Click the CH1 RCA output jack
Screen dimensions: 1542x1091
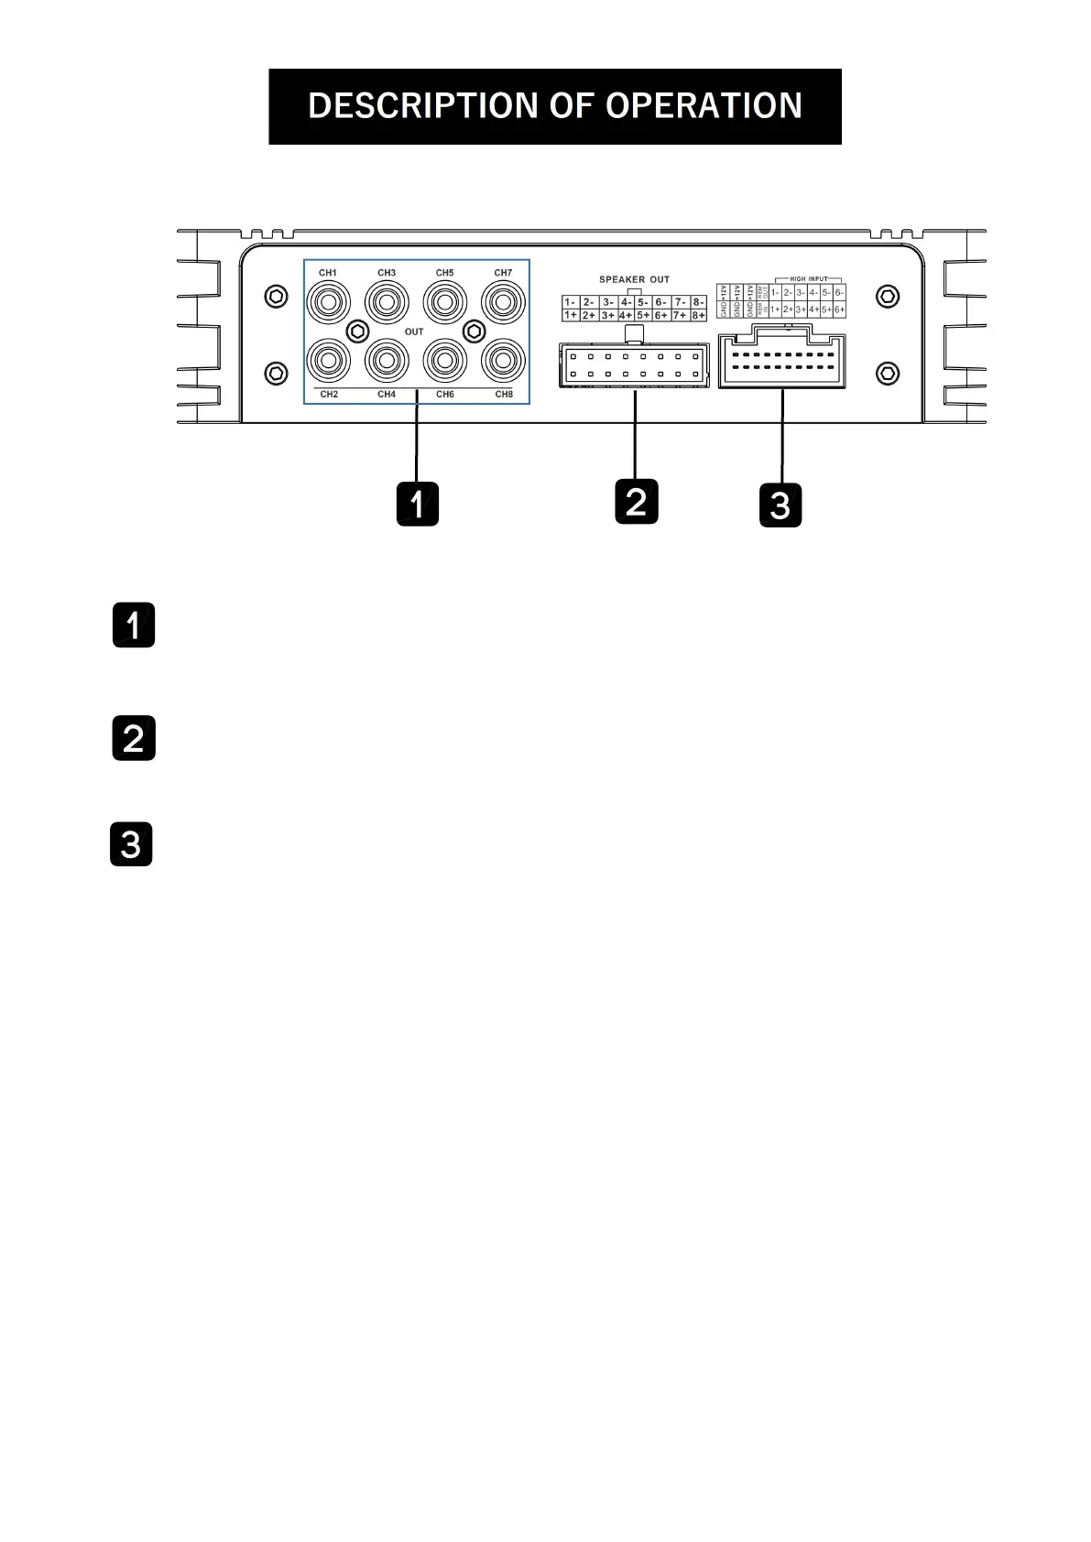[x=328, y=301]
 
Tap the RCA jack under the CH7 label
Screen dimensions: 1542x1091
[x=503, y=301]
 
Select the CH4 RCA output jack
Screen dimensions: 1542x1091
[x=387, y=361]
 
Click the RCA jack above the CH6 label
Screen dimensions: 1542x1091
[x=445, y=361]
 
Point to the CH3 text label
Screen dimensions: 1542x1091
[x=387, y=273]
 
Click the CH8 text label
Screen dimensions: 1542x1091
[x=504, y=395]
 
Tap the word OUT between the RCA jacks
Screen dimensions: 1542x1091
[x=414, y=331]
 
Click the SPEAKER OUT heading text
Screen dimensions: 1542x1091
[x=634, y=279]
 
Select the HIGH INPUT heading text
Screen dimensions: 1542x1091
[x=808, y=279]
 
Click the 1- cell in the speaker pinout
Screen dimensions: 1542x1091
[x=570, y=302]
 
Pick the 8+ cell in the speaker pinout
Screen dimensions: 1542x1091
[x=698, y=315]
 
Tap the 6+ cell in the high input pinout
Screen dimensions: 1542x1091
[x=839, y=310]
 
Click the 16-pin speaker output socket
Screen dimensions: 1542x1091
[x=634, y=365]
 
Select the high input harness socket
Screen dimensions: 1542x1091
[x=781, y=362]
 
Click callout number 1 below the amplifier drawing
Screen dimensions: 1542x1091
[x=417, y=504]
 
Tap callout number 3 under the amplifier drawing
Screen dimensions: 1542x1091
[x=780, y=505]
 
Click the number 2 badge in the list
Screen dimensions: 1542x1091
[x=134, y=738]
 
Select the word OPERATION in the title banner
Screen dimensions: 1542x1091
[x=704, y=106]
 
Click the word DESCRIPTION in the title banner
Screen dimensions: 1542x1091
[x=423, y=106]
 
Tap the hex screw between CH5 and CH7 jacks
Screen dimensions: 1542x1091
[x=474, y=331]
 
